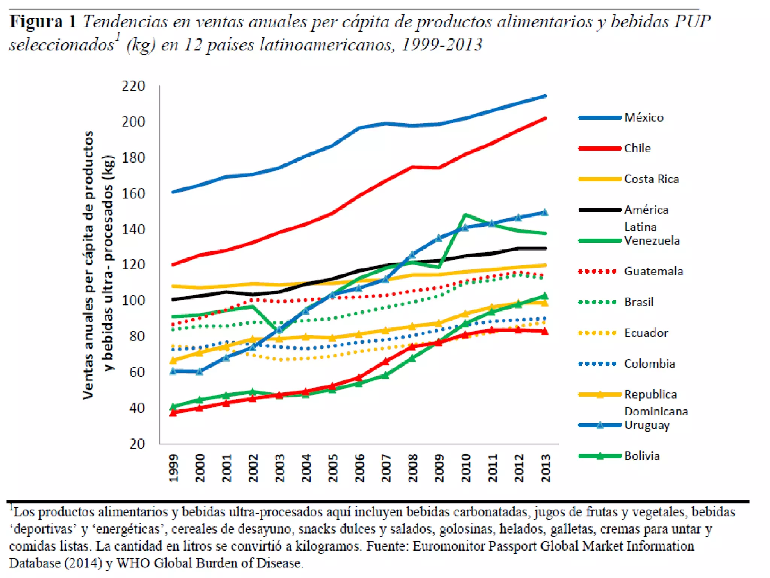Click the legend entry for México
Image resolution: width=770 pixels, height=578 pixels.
pos(643,117)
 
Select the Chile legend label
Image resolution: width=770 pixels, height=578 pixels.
pos(637,148)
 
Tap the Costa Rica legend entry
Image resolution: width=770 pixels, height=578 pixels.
pos(651,179)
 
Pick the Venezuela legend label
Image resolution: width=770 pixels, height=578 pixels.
pos(652,240)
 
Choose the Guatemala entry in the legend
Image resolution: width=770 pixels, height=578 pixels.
pos(653,271)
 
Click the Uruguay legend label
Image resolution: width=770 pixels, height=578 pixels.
pos(647,425)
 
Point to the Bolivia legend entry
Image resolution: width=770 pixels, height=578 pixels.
pos(642,456)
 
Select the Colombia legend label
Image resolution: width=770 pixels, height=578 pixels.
pos(650,364)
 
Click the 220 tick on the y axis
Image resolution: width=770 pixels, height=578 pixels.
pos(133,86)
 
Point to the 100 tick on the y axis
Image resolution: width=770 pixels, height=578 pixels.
pos(133,301)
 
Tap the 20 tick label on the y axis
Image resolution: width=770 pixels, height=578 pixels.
pos(137,444)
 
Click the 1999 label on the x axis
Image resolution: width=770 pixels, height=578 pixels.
pos(173,468)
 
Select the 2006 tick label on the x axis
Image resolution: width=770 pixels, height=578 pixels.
pos(359,468)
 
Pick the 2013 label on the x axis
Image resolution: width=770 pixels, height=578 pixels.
pos(546,468)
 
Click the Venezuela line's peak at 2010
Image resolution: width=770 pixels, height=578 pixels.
pos(466,215)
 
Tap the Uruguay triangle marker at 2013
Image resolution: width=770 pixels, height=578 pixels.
pos(544,213)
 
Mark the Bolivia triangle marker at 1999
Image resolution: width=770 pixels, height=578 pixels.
pos(173,406)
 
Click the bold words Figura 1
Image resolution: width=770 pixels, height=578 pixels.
pos(43,22)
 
